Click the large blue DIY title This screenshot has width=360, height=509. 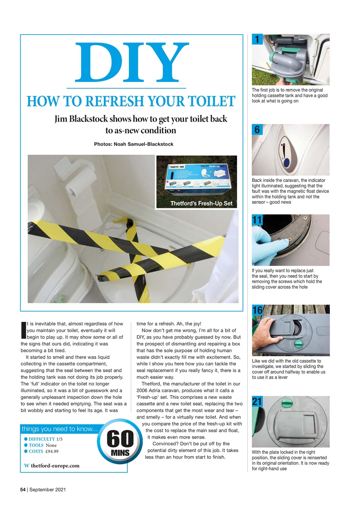[131, 62]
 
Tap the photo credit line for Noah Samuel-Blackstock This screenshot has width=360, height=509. [134, 144]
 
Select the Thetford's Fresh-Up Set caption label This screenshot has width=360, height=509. [201, 204]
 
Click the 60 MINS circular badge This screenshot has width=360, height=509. [119, 443]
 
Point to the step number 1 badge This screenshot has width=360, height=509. [257, 39]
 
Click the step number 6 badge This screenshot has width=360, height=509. [257, 130]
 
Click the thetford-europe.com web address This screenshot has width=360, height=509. [55, 466]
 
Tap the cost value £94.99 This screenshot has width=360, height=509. [53, 451]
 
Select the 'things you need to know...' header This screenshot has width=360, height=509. [58, 429]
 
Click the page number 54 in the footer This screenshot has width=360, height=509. [23, 490]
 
